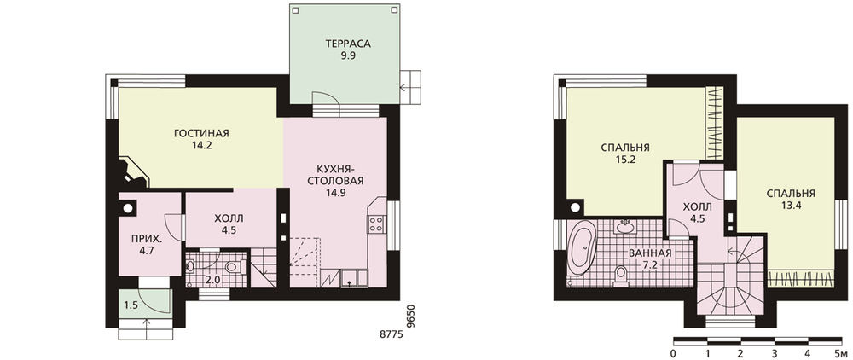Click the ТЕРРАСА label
(348, 44)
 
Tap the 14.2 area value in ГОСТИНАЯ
(201, 145)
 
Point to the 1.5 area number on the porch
(131, 305)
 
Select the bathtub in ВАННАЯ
(582, 251)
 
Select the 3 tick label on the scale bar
(775, 354)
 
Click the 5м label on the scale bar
(838, 354)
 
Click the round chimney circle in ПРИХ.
(129, 207)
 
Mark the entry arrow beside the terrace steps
(405, 86)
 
